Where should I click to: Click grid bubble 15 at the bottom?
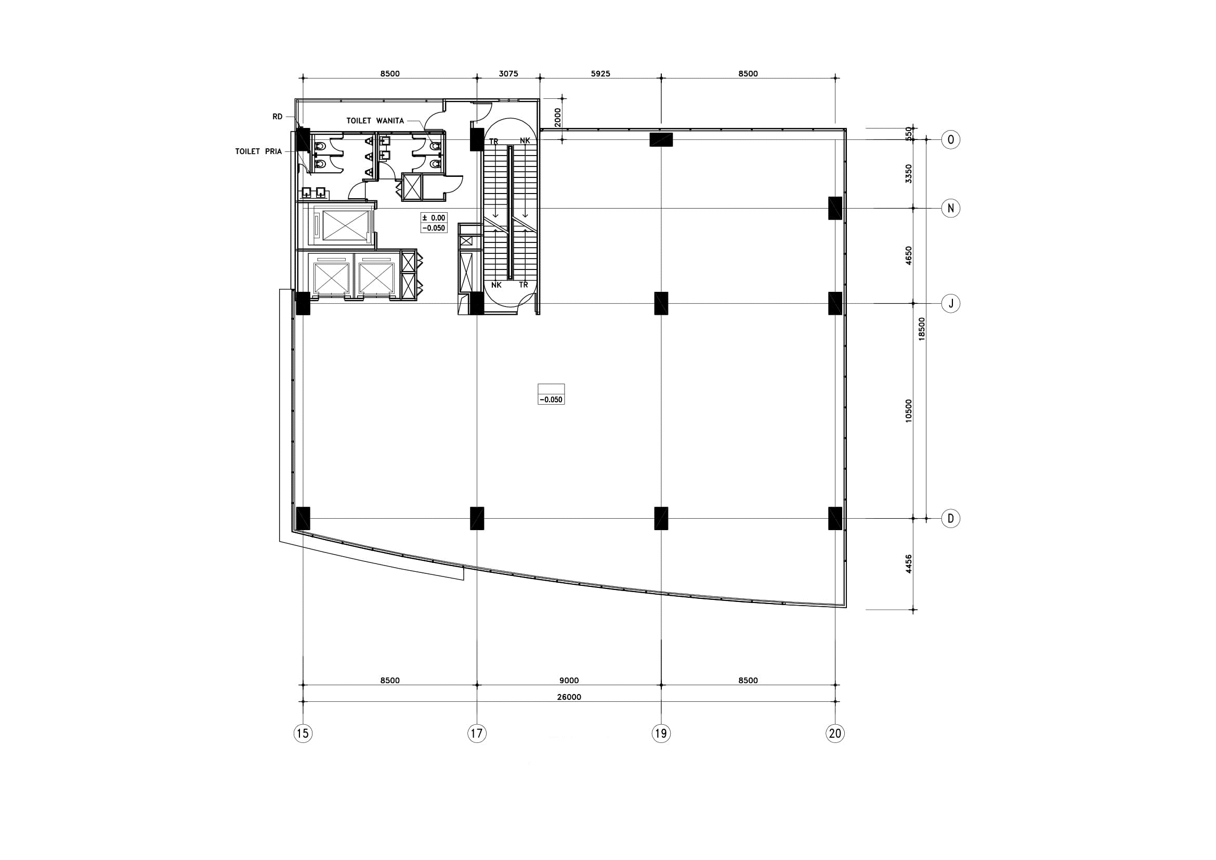click(x=303, y=734)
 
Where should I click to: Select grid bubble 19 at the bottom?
click(x=660, y=734)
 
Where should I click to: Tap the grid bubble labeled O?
click(x=951, y=139)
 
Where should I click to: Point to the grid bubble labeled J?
click(x=951, y=304)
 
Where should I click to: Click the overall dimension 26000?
click(x=569, y=697)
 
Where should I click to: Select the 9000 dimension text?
click(x=569, y=681)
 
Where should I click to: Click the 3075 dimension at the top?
click(x=508, y=74)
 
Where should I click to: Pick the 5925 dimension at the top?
click(x=600, y=74)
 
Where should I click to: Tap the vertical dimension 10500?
click(x=909, y=410)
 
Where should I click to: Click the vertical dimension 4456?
click(x=909, y=564)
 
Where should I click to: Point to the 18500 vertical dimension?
click(x=922, y=328)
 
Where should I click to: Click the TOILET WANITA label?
click(x=375, y=121)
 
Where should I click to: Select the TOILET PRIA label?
click(x=258, y=151)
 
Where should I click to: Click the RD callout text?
click(x=278, y=117)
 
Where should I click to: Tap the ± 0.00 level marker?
click(x=434, y=217)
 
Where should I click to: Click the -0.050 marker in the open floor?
click(x=551, y=400)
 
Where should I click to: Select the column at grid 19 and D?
click(x=661, y=518)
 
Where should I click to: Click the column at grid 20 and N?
click(x=835, y=208)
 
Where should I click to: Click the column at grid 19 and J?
click(x=661, y=303)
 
